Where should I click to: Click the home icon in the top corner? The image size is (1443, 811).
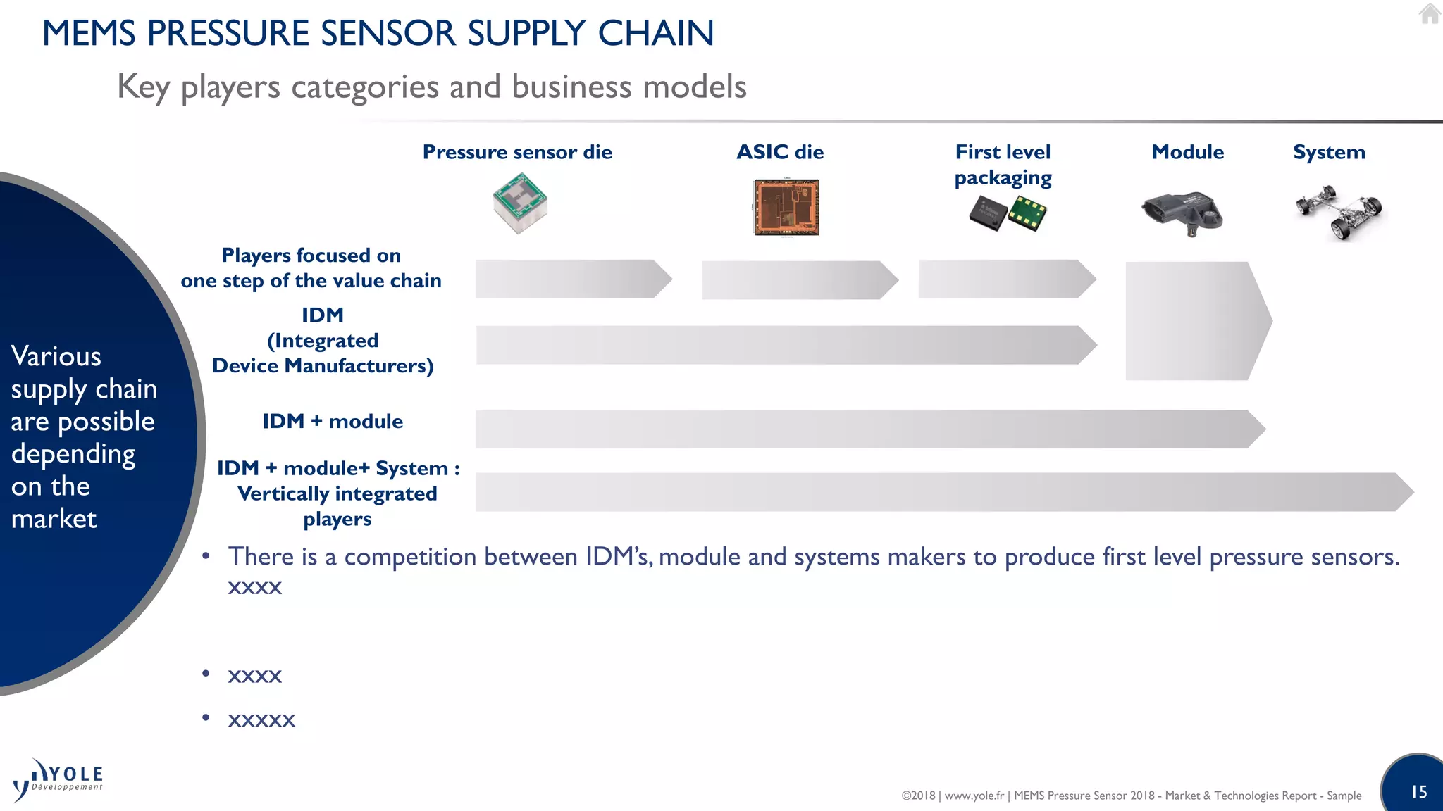coord(1430,13)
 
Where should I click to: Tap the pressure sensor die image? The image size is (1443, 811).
coord(520,203)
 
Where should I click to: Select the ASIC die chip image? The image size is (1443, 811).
coord(786,208)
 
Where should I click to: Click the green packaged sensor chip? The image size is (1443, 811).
coord(1027,213)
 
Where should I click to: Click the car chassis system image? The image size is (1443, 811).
coord(1339,212)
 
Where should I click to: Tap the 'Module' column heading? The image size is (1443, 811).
coord(1187,152)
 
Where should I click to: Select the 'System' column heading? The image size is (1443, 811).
coord(1329,152)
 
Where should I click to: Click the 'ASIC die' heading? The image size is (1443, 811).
coord(780,152)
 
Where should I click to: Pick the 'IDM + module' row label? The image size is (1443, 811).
coord(333,421)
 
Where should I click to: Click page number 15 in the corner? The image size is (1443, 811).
coord(1419,792)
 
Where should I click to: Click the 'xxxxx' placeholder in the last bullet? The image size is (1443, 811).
coord(261,719)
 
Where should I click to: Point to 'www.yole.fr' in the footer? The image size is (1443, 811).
coord(974,796)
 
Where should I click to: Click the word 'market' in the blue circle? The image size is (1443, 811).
coord(54,519)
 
